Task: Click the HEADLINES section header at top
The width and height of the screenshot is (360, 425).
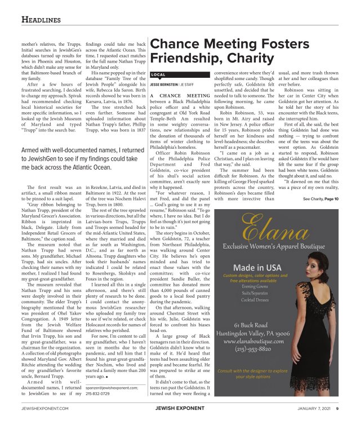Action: pyautogui.click(x=41, y=20)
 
